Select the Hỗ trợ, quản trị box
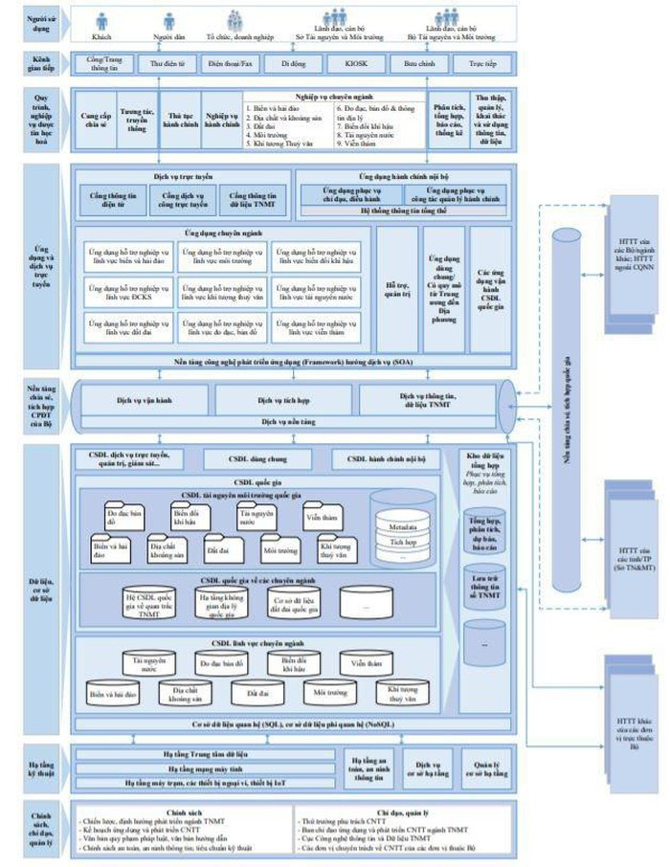tap(396, 290)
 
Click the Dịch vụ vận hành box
tap(145, 399)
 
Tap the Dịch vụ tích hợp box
tap(285, 399)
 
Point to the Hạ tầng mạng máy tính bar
tap(205, 768)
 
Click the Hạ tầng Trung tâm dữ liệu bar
tap(205, 754)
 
